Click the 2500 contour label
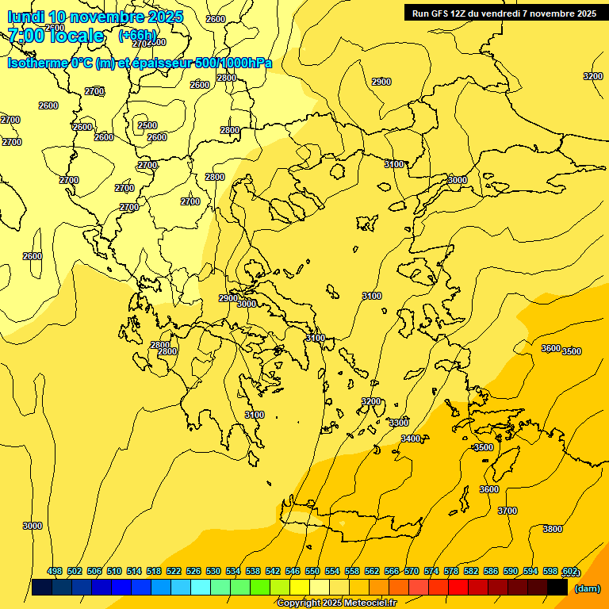pyautogui.click(x=147, y=125)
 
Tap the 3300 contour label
pyautogui.click(x=399, y=423)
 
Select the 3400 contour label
pyautogui.click(x=411, y=439)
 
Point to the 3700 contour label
pyautogui.click(x=507, y=511)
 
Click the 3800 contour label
pyautogui.click(x=553, y=529)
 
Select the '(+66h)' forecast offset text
pyautogui.click(x=137, y=36)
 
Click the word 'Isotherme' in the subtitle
pyautogui.click(x=37, y=63)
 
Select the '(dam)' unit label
pyautogui.click(x=586, y=588)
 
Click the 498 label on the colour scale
pyautogui.click(x=55, y=571)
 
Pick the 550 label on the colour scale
pyautogui.click(x=312, y=571)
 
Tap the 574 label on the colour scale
pyautogui.click(x=431, y=571)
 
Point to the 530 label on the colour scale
pyautogui.click(x=213, y=571)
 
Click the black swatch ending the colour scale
pyautogui.click(x=557, y=588)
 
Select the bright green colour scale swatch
pyautogui.click(x=260, y=588)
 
